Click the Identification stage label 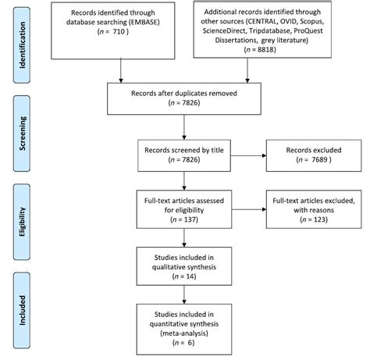pyautogui.click(x=22, y=45)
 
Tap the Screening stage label pyautogui.click(x=22, y=134)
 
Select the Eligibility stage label pyautogui.click(x=22, y=222)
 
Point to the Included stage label pyautogui.click(x=22, y=310)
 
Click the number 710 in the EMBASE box pyautogui.click(x=119, y=32)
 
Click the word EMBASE pyautogui.click(x=144, y=22)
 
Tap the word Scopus pyautogui.click(x=311, y=21)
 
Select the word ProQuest pyautogui.click(x=308, y=30)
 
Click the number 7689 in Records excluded pyautogui.click(x=319, y=159)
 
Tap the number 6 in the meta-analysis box pyautogui.click(x=190, y=343)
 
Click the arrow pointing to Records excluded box pyautogui.click(x=248, y=155)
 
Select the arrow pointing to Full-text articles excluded pyautogui.click(x=249, y=209)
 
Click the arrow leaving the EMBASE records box pyautogui.click(x=121, y=71)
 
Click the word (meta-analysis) pyautogui.click(x=184, y=333)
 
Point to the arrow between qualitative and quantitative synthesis pyautogui.click(x=184, y=294)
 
